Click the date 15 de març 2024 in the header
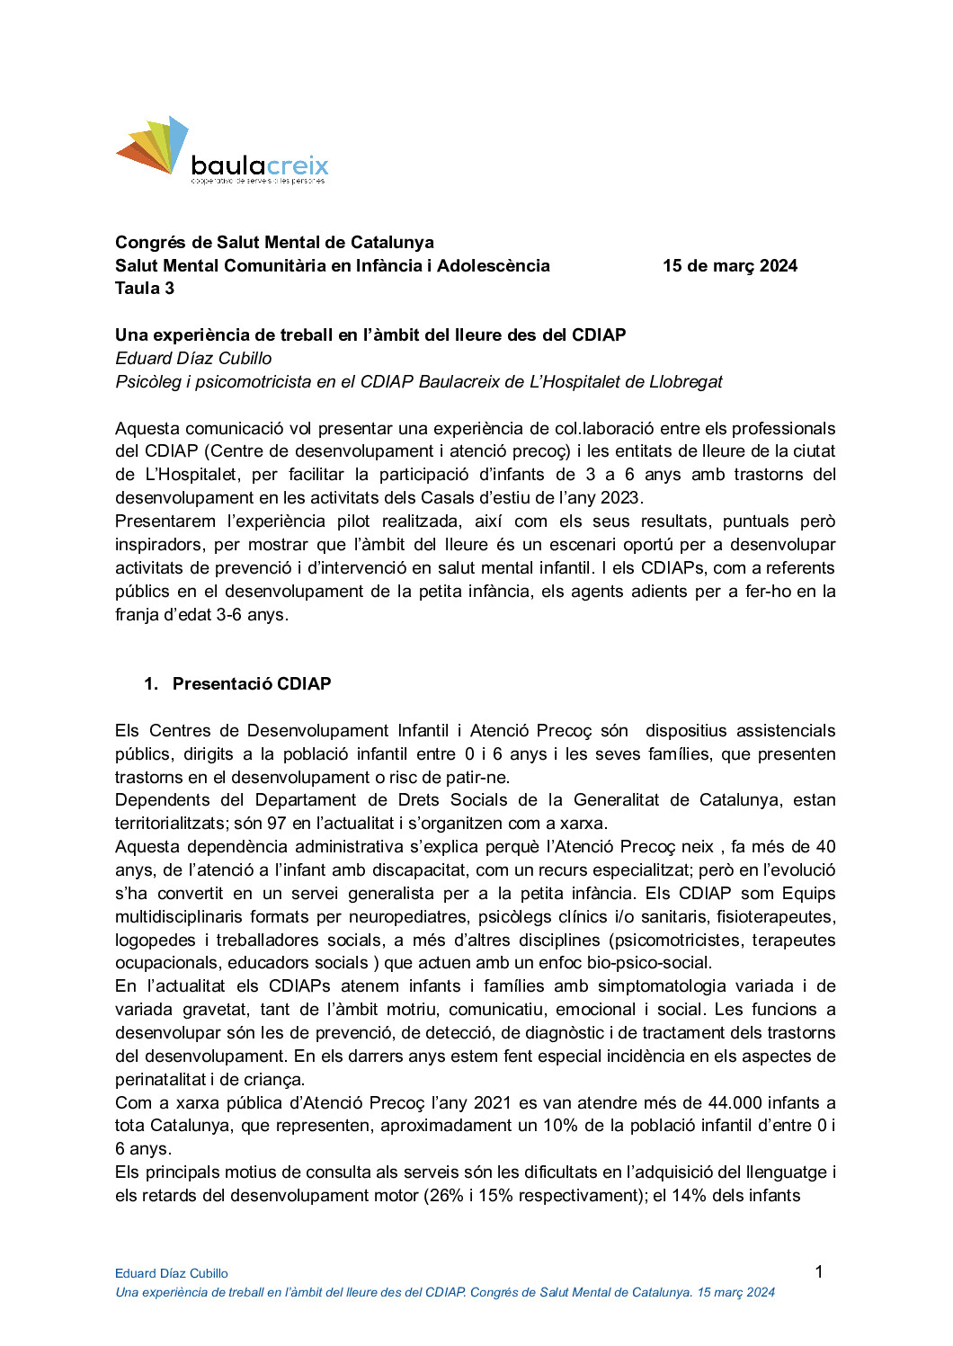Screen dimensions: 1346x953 click(729, 266)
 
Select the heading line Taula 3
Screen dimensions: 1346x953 click(145, 289)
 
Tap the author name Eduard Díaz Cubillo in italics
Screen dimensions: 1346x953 click(193, 359)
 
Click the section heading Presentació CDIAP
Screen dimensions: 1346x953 click(252, 684)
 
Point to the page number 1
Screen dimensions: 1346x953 click(818, 1271)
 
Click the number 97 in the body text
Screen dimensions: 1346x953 click(276, 824)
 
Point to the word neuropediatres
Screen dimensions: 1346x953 click(407, 917)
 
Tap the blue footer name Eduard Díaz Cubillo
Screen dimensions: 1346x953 click(172, 1273)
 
